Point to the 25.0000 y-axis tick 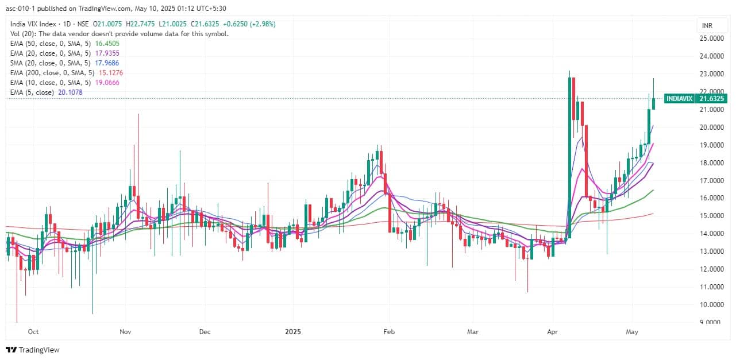(x=711, y=38)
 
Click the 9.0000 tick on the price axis (x=711, y=322)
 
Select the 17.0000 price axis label (x=711, y=180)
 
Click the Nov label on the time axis (x=126, y=332)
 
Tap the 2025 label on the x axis (x=292, y=332)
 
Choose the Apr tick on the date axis (x=553, y=332)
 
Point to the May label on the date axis (x=633, y=332)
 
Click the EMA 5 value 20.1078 (x=70, y=92)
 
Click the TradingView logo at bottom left (x=33, y=350)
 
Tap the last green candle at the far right (x=654, y=103)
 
